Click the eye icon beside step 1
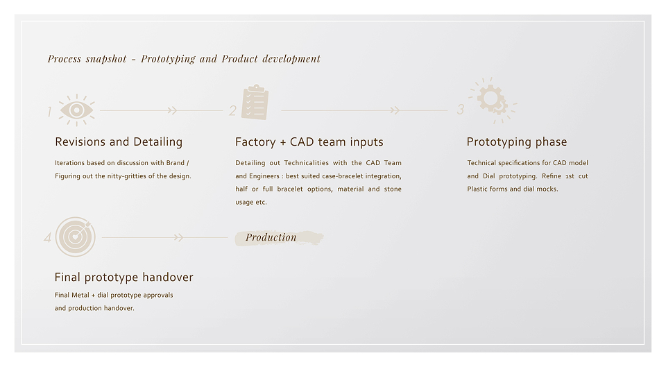[76, 110]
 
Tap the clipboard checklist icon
[255, 102]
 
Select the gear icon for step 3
[493, 100]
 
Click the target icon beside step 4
[75, 237]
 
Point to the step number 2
[232, 111]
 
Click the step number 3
[461, 110]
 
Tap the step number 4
[48, 237]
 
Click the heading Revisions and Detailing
[119, 142]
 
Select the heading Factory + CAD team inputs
[309, 142]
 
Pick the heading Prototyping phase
[516, 142]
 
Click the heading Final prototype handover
[123, 278]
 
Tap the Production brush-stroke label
[279, 237]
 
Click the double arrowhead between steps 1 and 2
[172, 110]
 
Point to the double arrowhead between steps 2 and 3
[395, 110]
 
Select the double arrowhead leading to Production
[179, 237]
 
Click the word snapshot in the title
[106, 59]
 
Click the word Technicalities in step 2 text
[306, 162]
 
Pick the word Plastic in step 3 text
[477, 189]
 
